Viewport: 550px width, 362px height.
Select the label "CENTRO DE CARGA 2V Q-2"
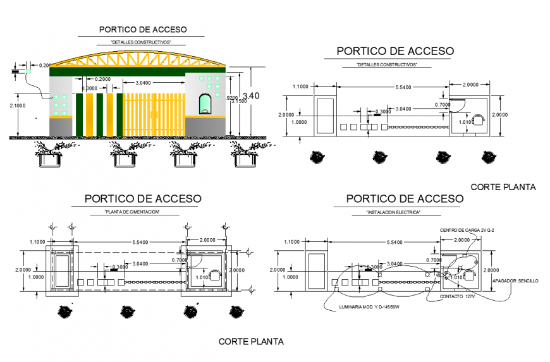(466, 229)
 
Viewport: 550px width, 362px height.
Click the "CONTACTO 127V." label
(457, 296)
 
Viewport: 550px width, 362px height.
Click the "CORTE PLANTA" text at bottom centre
(251, 342)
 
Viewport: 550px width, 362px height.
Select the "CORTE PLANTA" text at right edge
(503, 187)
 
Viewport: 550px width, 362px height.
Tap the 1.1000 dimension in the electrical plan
(292, 243)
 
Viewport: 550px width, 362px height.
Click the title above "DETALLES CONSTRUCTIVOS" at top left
(143, 29)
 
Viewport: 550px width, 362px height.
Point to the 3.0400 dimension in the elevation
(138, 83)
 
